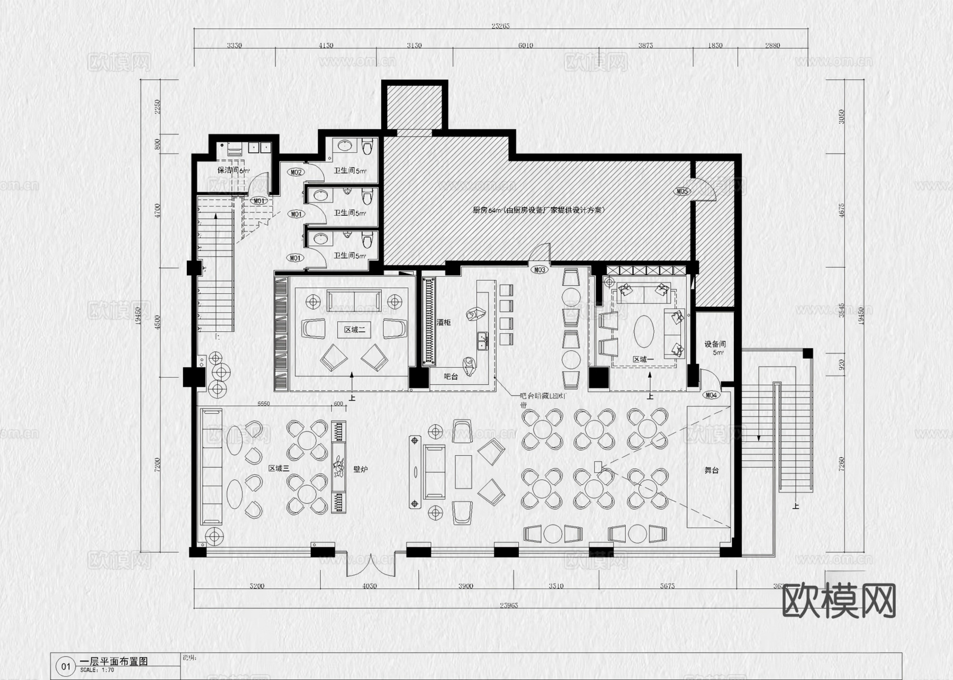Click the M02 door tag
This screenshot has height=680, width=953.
[296, 173]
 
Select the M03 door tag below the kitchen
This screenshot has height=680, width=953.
[540, 270]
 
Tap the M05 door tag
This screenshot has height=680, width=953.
[682, 192]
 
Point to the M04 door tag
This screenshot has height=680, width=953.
[711, 395]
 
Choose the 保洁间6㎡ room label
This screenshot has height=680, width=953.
[233, 170]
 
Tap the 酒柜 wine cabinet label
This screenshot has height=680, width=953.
[444, 322]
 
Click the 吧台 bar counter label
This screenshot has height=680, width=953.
[451, 377]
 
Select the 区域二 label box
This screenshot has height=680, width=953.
[355, 330]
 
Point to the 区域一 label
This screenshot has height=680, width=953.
[644, 360]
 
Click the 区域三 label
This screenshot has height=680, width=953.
[279, 468]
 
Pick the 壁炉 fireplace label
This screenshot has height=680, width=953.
[361, 469]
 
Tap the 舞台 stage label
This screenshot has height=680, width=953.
[712, 470]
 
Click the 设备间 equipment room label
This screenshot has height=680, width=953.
[715, 348]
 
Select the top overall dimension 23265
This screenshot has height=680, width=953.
[500, 25]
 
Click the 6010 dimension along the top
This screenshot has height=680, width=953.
[526, 46]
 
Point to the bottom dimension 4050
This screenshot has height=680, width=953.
[369, 586]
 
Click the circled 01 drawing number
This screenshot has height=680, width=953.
[66, 666]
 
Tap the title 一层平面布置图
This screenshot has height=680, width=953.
[113, 661]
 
